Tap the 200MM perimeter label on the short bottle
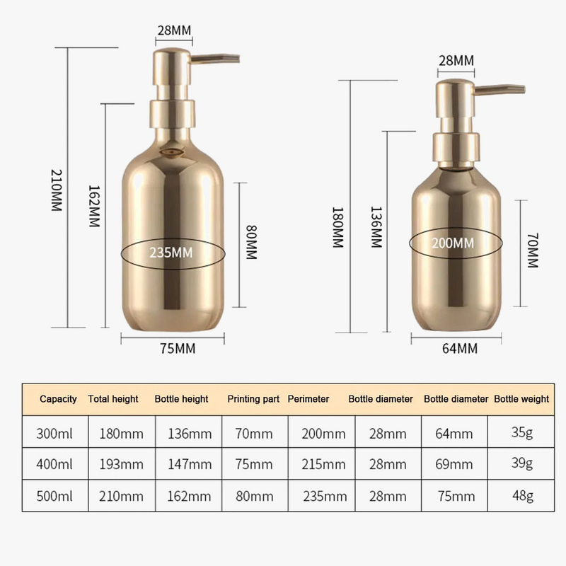click(x=453, y=243)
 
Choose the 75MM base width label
click(x=176, y=347)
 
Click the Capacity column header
click(x=58, y=399)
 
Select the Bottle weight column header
click(x=521, y=399)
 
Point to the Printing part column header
click(x=253, y=399)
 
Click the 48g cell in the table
click(x=524, y=496)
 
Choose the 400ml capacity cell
click(x=55, y=464)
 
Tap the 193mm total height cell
click(x=115, y=464)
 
